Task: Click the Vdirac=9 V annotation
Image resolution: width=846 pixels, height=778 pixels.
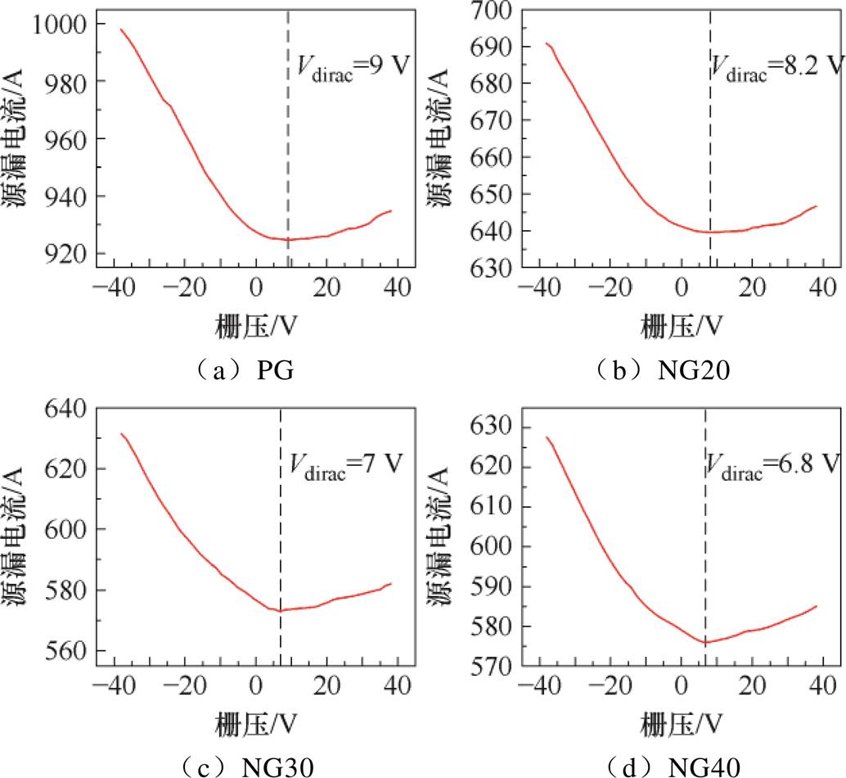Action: [x=354, y=64]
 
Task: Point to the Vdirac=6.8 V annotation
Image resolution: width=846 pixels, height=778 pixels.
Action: [x=775, y=467]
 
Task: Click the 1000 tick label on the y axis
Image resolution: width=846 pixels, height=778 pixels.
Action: [x=59, y=25]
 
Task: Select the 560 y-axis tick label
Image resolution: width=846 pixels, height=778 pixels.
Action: [x=67, y=651]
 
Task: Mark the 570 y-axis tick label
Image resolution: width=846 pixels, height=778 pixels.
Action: [x=491, y=667]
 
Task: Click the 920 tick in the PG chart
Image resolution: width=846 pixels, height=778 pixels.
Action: [x=67, y=253]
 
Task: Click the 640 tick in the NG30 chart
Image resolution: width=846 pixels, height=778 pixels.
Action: [x=67, y=408]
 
